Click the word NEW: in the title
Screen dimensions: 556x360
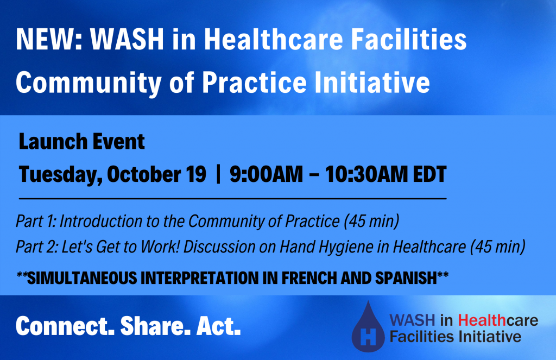click(49, 39)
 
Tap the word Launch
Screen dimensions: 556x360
click(48, 142)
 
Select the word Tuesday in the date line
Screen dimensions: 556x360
click(61, 175)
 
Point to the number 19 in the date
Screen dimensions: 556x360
click(195, 174)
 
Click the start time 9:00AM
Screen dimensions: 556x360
click(266, 174)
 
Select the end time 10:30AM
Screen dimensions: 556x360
click(367, 174)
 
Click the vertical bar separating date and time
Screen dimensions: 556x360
click(218, 174)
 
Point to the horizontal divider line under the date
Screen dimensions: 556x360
click(232, 199)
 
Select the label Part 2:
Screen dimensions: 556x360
click(36, 247)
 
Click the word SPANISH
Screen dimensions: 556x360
click(406, 278)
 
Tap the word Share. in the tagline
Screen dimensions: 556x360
click(153, 326)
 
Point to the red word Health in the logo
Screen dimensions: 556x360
click(482, 320)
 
